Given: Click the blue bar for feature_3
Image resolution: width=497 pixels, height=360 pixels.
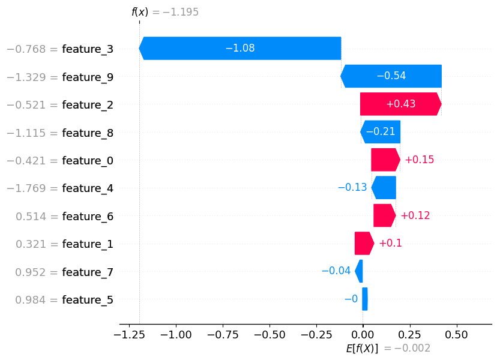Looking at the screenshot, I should tap(240, 48).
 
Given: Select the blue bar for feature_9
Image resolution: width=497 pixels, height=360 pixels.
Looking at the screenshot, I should tap(391, 76).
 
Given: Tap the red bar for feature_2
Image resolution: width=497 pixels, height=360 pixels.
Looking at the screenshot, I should tap(400, 104).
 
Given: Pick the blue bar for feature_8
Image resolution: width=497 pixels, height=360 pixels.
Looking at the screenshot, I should tap(380, 132).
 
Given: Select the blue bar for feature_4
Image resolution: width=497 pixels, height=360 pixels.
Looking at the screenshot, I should tap(384, 188).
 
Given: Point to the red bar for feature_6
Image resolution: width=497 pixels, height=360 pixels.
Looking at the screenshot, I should tap(384, 215).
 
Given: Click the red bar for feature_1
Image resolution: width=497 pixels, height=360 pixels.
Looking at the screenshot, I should tap(364, 244).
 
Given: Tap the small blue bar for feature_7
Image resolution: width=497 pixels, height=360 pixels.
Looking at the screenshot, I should tap(359, 271).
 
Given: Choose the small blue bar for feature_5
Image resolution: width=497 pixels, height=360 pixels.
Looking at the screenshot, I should tap(364, 299).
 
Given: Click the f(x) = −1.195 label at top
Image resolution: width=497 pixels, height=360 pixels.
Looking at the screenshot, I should tap(165, 12).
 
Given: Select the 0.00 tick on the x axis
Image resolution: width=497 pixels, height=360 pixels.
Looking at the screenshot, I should tap(363, 334).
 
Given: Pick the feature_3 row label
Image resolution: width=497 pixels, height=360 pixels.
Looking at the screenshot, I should tap(88, 49).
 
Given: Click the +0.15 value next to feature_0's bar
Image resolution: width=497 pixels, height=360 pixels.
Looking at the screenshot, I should tap(419, 160).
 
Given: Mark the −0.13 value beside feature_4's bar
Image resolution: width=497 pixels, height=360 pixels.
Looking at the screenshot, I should tap(352, 188).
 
